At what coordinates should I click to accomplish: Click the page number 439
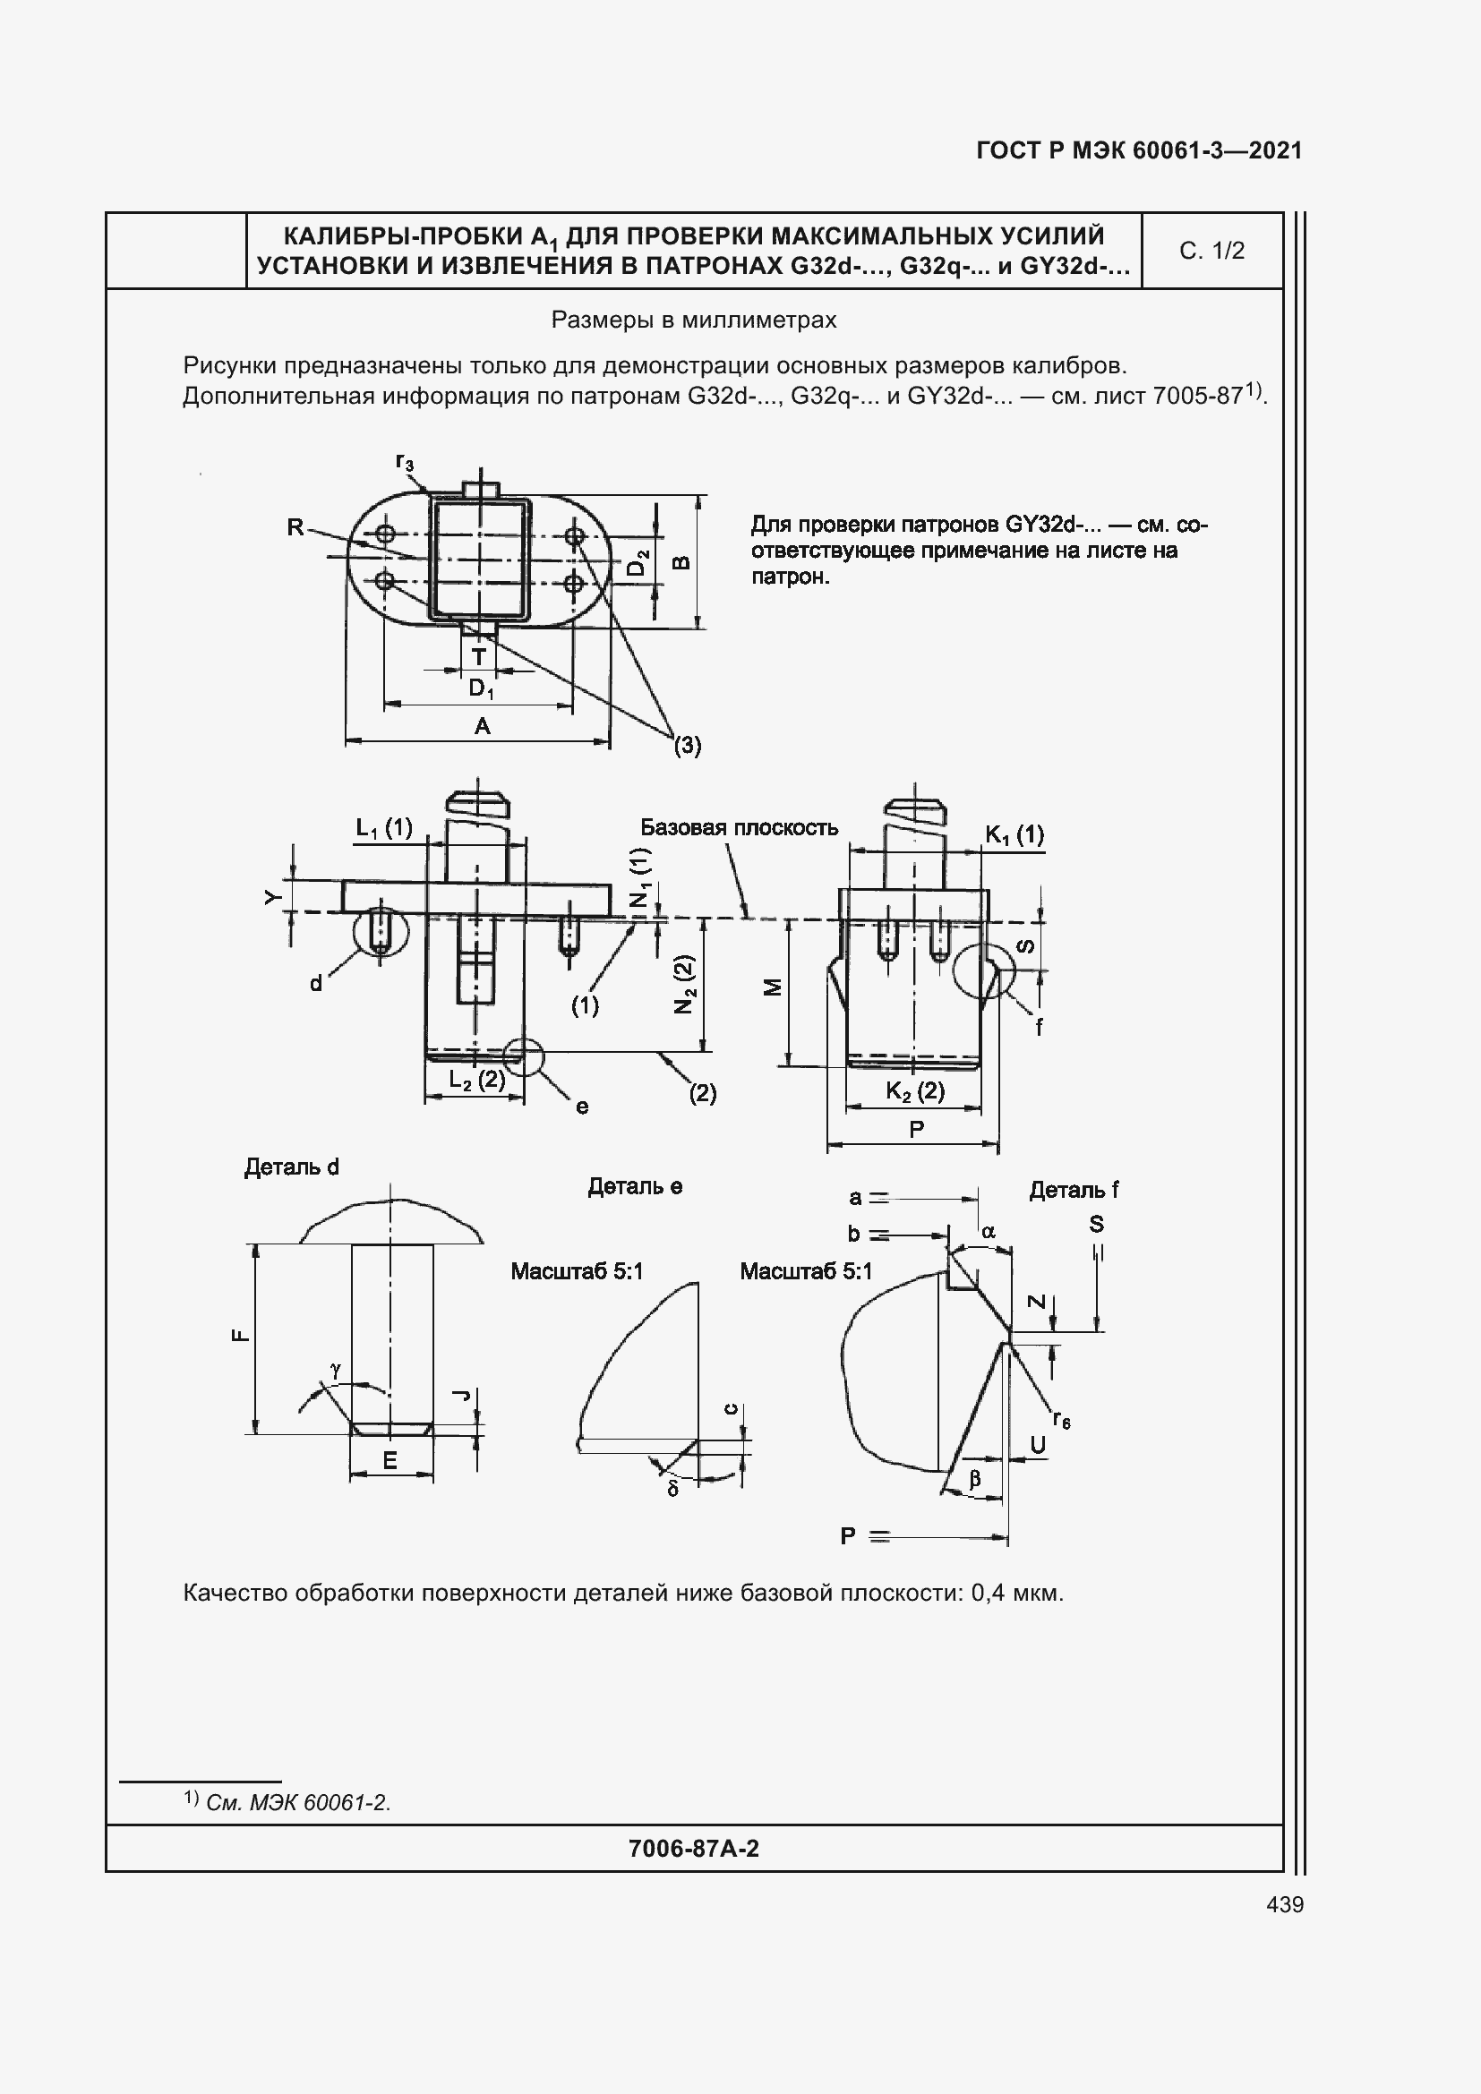click(x=1285, y=1905)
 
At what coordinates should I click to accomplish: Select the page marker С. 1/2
click(x=1211, y=251)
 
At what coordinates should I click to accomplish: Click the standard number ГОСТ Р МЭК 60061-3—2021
click(x=1139, y=150)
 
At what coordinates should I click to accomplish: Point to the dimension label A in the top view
click(x=483, y=726)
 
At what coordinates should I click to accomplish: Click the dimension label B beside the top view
click(x=681, y=563)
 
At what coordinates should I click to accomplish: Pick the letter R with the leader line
click(x=295, y=527)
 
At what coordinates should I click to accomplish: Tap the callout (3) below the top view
click(x=688, y=745)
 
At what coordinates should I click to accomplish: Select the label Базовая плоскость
click(x=739, y=827)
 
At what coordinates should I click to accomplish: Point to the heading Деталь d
click(x=292, y=1167)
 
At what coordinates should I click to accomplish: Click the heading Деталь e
click(x=635, y=1186)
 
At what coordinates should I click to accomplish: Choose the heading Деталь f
click(x=1074, y=1190)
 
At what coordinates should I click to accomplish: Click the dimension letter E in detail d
click(x=390, y=1460)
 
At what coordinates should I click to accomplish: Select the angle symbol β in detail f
click(x=974, y=1478)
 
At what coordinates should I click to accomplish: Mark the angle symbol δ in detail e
click(x=673, y=1490)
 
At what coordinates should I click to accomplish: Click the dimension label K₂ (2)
click(x=915, y=1090)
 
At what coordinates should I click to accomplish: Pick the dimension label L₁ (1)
click(x=384, y=828)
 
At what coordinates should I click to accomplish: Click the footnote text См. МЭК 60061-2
click(x=298, y=1803)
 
